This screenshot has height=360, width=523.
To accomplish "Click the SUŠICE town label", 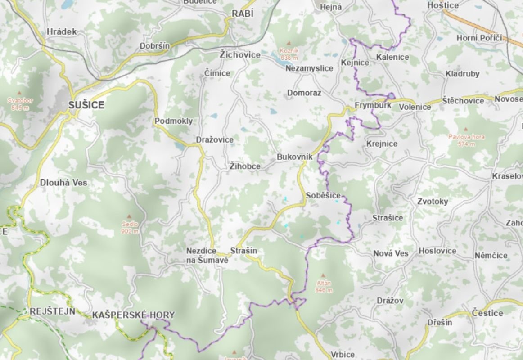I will tap(86, 105).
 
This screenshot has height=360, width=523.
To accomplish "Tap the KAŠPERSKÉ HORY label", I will tap(133, 315).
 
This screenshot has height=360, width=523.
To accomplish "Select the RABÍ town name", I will tap(243, 14).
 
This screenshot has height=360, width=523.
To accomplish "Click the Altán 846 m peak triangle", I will tap(323, 276).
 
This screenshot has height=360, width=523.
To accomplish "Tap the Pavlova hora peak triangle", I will tap(465, 129).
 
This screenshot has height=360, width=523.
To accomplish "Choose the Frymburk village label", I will tap(373, 105).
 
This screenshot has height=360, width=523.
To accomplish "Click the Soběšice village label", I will tap(323, 195).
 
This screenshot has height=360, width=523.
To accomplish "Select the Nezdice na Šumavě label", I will tap(207, 256).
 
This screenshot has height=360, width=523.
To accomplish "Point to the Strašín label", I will tap(243, 251).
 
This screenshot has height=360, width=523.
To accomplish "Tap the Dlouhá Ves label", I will tap(63, 183).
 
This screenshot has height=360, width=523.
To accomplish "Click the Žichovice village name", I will tap(240, 55).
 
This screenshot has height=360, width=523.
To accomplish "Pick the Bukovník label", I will tap(295, 157).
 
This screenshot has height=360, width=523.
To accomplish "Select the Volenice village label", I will tap(415, 107).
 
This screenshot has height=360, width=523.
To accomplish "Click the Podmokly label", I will tap(173, 121).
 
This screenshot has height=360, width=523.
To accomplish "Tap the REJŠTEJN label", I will tap(52, 311).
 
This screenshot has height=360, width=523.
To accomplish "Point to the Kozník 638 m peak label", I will tap(289, 54).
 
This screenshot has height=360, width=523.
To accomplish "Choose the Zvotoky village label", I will tap(433, 202).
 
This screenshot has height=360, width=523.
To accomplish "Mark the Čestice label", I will tap(487, 313).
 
